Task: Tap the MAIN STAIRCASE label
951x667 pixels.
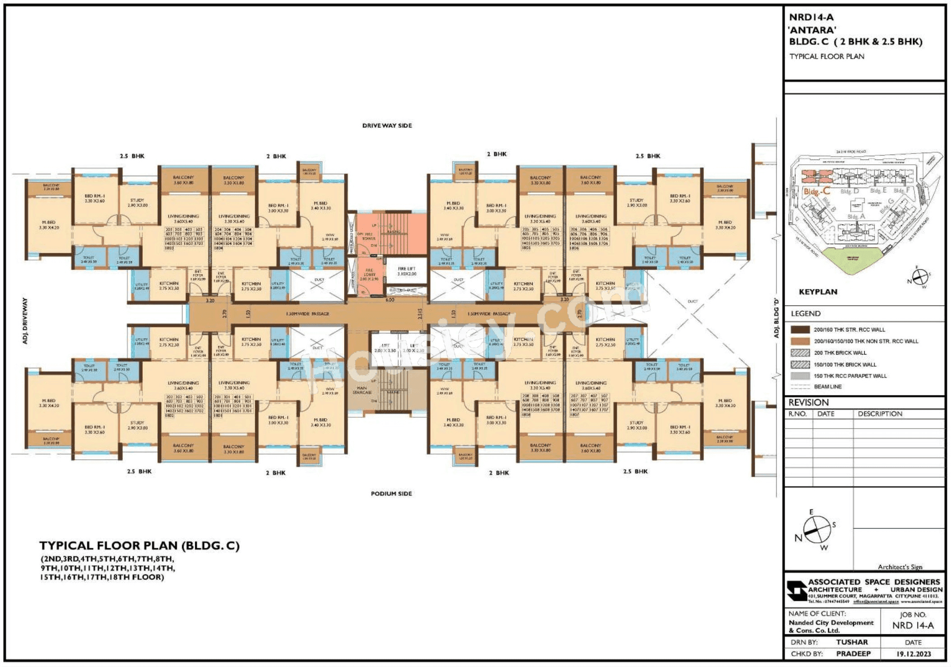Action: [362, 390]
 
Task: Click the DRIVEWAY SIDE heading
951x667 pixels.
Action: [387, 126]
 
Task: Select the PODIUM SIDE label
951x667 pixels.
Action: [391, 494]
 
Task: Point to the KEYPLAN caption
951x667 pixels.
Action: [818, 292]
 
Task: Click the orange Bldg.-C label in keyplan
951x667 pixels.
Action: [817, 191]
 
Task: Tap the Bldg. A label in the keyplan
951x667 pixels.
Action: [856, 217]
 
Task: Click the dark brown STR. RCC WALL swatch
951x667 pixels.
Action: [800, 330]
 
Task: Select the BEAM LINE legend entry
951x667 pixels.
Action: [828, 387]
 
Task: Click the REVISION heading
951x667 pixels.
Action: [808, 402]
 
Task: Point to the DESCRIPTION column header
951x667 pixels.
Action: [880, 414]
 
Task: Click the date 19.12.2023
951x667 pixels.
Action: [913, 653]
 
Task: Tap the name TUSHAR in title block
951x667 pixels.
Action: [852, 642]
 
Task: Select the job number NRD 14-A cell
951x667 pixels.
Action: [913, 625]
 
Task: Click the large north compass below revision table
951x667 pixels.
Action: [817, 529]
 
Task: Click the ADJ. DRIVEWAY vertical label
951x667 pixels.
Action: [25, 321]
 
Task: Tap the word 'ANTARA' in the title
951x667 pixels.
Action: [812, 30]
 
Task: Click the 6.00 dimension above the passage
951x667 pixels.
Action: [389, 299]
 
